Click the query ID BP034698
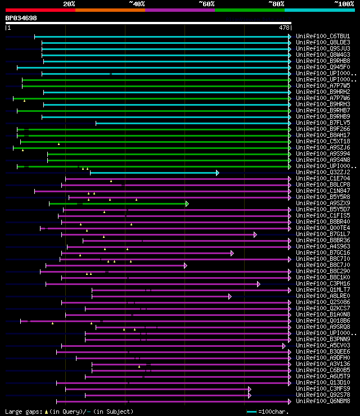21,18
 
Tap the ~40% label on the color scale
137,4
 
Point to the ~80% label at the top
276,4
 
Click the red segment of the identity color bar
40,10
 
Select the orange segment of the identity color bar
110,10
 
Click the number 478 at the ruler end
285,27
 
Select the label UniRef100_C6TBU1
323,37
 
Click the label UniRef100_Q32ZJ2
323,173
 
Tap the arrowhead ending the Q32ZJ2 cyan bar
217,173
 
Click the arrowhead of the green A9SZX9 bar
187,204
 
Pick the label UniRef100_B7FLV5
323,123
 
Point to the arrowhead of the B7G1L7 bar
255,234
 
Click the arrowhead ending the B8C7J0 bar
185,265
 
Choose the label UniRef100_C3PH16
323,284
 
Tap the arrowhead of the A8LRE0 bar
229,296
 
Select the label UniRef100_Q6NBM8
323,401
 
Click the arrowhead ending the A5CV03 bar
284,346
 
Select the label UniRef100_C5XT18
323,142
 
